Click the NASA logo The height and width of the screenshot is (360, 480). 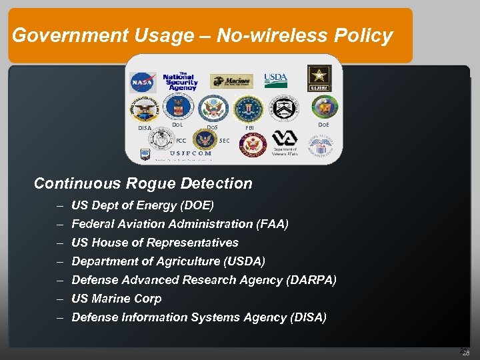coord(142,82)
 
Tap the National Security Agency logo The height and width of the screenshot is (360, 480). coord(179,80)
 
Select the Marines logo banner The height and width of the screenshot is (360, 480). coord(231,81)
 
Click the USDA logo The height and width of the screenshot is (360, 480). coord(275,80)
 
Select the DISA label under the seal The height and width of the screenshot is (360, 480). coord(144,127)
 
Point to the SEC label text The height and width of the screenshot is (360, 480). coord(225,141)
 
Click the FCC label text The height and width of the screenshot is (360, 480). coord(181,141)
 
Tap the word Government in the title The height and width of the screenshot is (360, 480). coord(55,35)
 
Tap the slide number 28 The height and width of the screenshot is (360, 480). coord(466,353)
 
